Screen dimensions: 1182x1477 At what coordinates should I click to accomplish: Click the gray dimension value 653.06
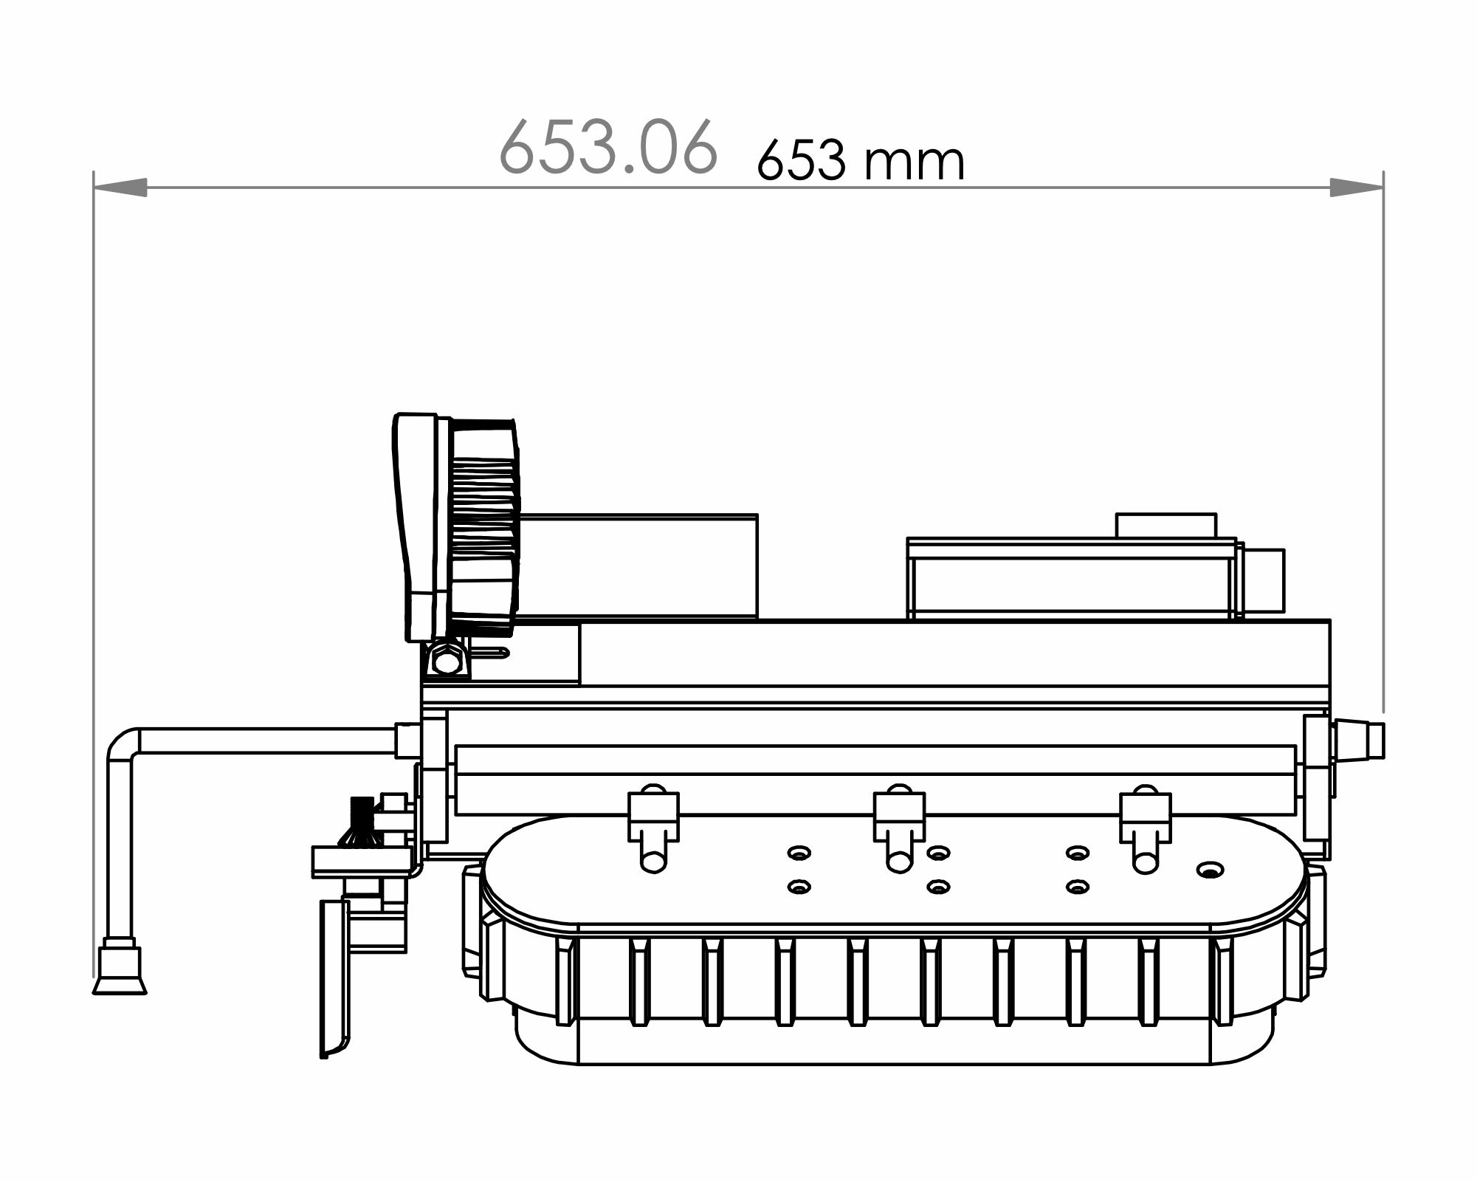coord(607,147)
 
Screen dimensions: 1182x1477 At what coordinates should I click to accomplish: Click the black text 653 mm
coord(861,161)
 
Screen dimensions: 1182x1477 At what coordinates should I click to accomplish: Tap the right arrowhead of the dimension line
coord(1356,188)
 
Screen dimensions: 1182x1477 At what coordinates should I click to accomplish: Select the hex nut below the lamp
coord(446,659)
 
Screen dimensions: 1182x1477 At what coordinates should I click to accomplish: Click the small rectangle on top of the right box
coord(1166,526)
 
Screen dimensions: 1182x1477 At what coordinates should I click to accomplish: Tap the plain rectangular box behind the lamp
coord(638,565)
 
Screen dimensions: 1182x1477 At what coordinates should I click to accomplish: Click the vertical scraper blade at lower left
coord(334,978)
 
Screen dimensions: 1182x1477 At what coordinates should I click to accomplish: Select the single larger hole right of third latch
coord(1209,870)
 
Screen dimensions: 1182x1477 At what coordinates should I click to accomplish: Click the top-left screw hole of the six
coord(799,853)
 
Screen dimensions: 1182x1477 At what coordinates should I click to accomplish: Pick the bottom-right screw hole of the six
coord(1078,887)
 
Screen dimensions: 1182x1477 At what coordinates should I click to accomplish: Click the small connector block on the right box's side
coord(1264,581)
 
